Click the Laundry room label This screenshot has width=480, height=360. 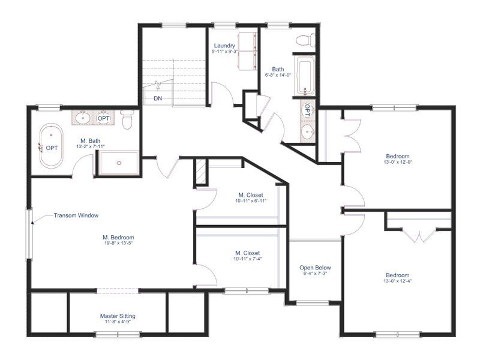(x=224, y=46)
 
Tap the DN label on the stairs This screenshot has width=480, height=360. (x=158, y=98)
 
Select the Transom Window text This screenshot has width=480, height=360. (x=76, y=215)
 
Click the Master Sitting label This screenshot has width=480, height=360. (x=118, y=316)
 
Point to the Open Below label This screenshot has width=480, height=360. (x=316, y=268)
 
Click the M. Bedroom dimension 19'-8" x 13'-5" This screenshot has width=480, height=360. (x=118, y=244)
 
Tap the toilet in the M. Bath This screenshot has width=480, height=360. (x=127, y=119)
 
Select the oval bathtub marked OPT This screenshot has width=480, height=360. (x=51, y=145)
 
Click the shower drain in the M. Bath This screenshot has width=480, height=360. (x=119, y=163)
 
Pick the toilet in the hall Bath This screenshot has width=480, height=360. (x=305, y=40)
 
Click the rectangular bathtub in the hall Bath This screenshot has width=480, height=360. (x=305, y=76)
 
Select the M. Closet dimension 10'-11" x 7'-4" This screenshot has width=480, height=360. (x=248, y=259)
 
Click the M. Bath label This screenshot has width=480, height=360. (x=91, y=141)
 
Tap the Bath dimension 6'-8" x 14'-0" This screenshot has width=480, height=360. (x=278, y=74)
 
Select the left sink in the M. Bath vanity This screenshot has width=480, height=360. (x=82, y=118)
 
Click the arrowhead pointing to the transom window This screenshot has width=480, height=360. (x=33, y=221)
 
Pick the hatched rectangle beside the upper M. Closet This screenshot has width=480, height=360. (x=200, y=172)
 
